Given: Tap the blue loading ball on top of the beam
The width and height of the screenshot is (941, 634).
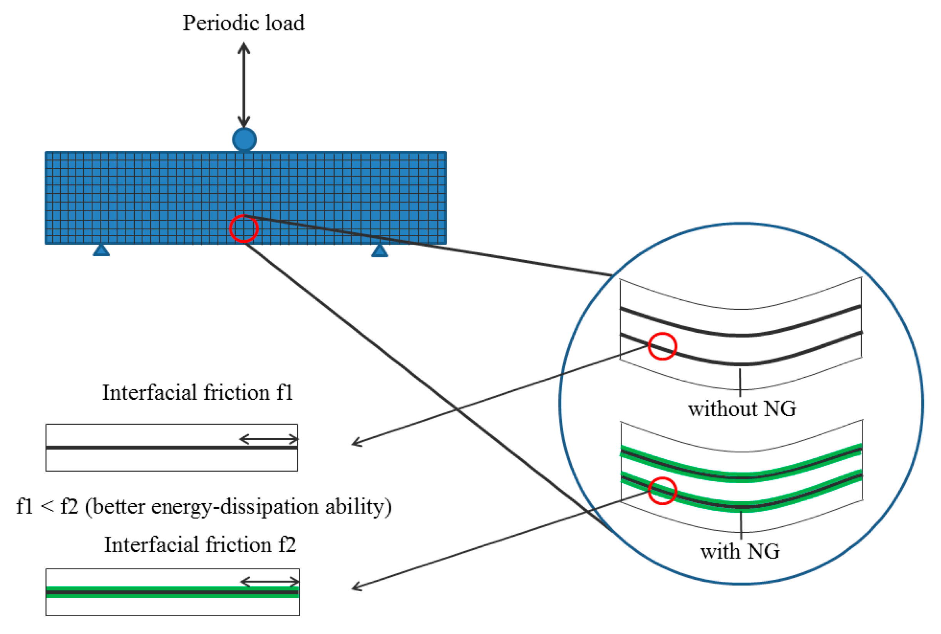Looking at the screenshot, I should (x=244, y=140).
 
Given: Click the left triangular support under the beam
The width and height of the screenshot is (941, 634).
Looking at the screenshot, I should (x=101, y=251).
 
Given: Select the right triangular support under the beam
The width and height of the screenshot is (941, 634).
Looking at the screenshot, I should (x=379, y=251).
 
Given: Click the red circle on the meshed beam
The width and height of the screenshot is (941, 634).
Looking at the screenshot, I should (x=244, y=229).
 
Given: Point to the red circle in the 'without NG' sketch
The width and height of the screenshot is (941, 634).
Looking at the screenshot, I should (x=662, y=346).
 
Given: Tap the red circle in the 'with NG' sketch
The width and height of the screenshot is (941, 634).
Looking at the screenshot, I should (x=662, y=491).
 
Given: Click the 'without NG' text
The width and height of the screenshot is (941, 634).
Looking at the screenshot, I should (x=742, y=409).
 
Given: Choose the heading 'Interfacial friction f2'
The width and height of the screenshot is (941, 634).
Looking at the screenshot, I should (x=200, y=545).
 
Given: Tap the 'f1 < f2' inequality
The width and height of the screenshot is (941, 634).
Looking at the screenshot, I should (x=47, y=507).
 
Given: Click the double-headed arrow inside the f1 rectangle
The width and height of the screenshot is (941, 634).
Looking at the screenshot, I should (x=269, y=439).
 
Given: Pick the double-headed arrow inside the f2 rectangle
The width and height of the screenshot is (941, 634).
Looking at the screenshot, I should (x=270, y=582).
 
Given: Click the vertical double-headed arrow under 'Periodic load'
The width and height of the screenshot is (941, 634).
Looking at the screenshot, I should (x=244, y=85).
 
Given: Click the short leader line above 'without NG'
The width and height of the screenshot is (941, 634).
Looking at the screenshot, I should (x=740, y=382).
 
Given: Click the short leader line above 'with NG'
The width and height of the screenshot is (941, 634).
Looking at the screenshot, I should (x=741, y=525).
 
